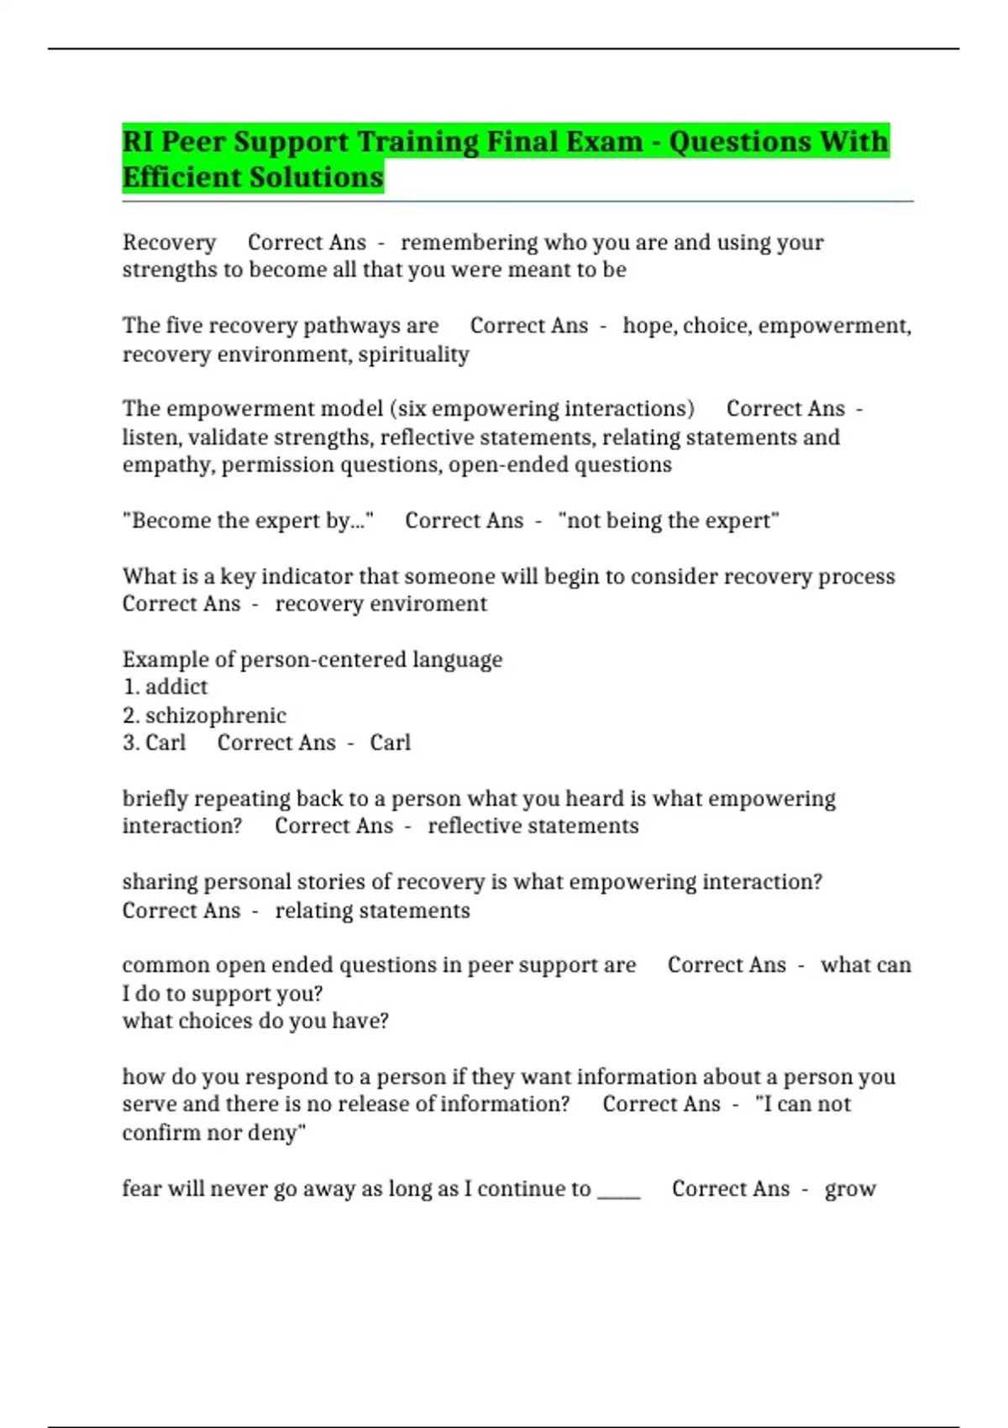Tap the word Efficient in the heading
pos(175,178)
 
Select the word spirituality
pos(413,354)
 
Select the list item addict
pos(176,687)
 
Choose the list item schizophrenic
pos(215,716)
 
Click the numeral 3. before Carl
pos(130,743)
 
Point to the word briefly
pos(153,799)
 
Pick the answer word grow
pos(850,1190)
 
